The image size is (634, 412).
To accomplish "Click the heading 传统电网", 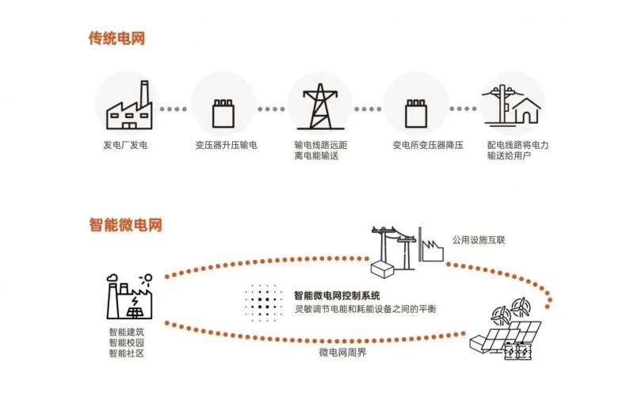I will point(116,38).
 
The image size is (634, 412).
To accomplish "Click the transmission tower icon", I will point(319,106).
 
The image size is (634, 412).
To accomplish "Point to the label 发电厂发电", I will point(126,146).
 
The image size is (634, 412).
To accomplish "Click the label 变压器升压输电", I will point(225,146).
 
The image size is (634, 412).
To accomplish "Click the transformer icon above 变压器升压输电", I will point(223,113).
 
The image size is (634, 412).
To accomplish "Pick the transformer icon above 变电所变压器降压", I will point(416,113).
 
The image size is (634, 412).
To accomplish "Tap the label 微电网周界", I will point(342,349).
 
